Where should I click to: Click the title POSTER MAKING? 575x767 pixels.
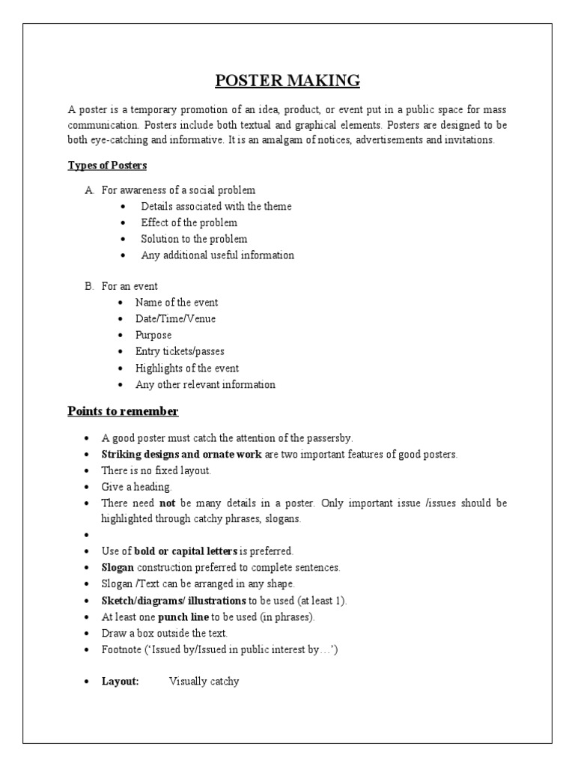[287, 81]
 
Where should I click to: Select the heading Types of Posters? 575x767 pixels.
[107, 165]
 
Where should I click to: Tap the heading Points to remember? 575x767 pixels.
[123, 411]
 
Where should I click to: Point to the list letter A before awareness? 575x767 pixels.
[88, 190]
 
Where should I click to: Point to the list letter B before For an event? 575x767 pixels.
[88, 286]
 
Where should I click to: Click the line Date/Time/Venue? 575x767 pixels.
[175, 319]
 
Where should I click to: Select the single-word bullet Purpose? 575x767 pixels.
[153, 336]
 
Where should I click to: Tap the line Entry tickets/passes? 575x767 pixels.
[180, 351]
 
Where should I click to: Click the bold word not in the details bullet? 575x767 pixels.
[167, 503]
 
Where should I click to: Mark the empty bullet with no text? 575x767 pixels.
[88, 536]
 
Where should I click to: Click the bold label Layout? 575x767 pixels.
[121, 682]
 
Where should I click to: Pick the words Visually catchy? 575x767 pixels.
[204, 682]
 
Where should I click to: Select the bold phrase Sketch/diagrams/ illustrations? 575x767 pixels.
[174, 601]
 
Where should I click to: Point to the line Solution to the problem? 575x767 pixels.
[194, 239]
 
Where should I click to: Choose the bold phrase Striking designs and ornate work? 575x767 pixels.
[181, 455]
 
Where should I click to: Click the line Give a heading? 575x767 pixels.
[132, 487]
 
